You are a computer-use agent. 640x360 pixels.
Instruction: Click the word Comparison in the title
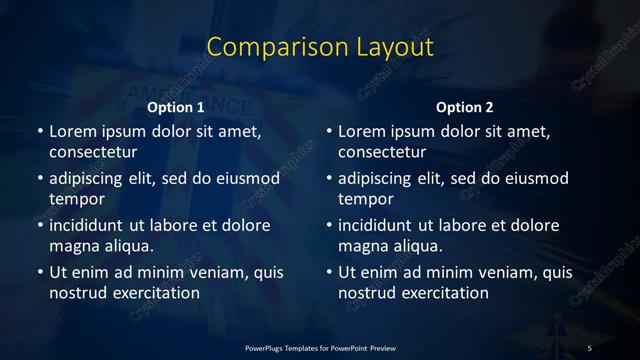coord(264,47)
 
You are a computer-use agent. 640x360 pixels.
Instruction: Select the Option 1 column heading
coord(176,107)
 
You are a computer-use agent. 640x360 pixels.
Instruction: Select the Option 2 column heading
coord(465,107)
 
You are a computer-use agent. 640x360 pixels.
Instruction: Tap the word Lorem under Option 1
coord(72,131)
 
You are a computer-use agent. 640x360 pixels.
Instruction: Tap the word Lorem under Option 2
coord(361,131)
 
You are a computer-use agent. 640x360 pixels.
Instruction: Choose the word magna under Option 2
coord(362,245)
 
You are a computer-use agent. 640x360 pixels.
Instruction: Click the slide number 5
coord(589,347)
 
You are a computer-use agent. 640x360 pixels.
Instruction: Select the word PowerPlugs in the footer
coord(266,347)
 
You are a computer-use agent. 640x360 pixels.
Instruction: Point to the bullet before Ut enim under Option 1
coord(40,272)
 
